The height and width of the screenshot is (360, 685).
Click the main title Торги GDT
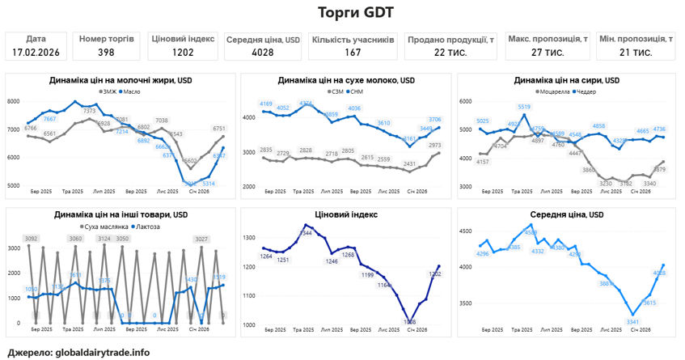(x=342, y=12)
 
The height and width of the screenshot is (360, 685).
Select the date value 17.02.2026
(x=36, y=53)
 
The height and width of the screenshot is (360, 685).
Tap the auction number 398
(x=106, y=53)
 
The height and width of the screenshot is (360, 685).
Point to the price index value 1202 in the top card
(x=183, y=53)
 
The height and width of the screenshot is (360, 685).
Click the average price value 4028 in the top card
(x=262, y=53)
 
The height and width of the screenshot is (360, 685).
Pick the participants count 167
(x=353, y=53)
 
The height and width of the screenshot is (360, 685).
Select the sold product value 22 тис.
(x=450, y=53)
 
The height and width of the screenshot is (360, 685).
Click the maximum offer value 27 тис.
(x=548, y=53)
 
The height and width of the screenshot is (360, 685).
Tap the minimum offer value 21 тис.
(x=635, y=53)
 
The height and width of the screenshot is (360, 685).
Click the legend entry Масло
(x=135, y=92)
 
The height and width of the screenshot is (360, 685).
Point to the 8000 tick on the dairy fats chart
(x=14, y=101)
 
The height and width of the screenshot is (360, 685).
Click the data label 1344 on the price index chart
(x=306, y=233)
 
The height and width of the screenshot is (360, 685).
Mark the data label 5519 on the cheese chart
(x=524, y=107)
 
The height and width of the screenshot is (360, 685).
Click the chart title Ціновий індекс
(x=342, y=215)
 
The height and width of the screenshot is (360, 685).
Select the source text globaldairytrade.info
(x=103, y=353)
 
